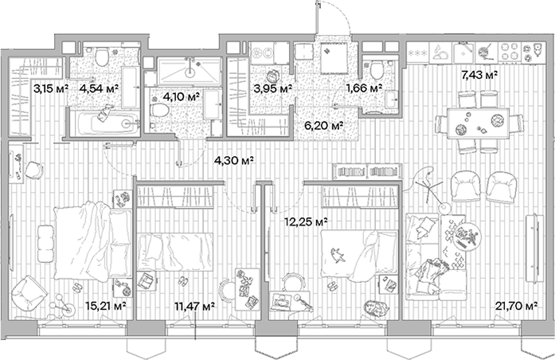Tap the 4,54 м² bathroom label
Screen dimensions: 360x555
click(98, 88)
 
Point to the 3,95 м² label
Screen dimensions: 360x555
click(272, 88)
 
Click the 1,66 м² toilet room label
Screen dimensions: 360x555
click(364, 88)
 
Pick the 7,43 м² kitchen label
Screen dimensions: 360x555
click(479, 76)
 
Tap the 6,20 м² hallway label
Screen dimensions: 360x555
click(325, 125)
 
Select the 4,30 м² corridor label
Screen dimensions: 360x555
click(233, 161)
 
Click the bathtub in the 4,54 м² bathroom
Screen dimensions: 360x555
click(106, 123)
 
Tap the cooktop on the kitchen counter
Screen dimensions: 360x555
click(526, 52)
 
